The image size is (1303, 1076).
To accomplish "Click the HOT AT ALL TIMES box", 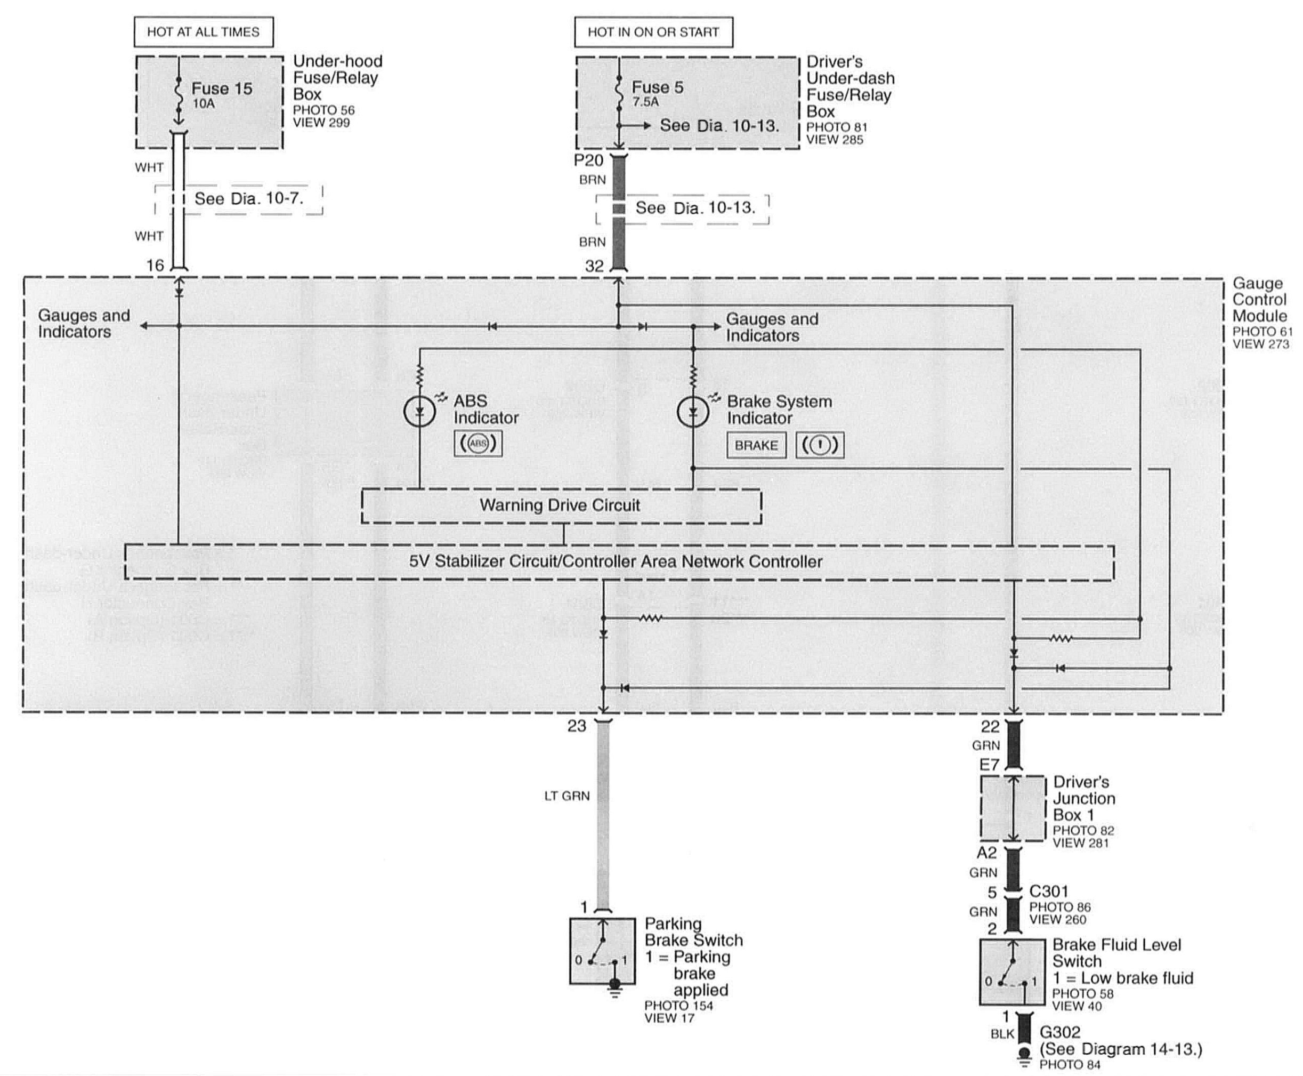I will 203,32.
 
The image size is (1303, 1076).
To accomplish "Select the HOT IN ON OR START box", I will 653,32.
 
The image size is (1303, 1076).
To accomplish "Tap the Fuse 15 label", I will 221,89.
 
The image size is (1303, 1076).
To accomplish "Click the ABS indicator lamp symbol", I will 419,412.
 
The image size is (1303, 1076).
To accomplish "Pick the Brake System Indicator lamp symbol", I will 693,412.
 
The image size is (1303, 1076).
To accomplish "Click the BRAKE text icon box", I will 756,445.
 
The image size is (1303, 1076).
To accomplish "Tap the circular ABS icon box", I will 478,444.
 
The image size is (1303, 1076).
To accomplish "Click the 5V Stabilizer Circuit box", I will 617,561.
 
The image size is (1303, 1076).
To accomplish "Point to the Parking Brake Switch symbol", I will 602,951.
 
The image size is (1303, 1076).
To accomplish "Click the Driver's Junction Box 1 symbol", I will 1013,808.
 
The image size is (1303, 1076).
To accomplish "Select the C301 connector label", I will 1048,892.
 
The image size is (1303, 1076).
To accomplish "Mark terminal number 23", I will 576,726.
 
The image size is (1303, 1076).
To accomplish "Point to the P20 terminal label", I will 588,160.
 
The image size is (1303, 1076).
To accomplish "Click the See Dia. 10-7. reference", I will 248,199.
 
